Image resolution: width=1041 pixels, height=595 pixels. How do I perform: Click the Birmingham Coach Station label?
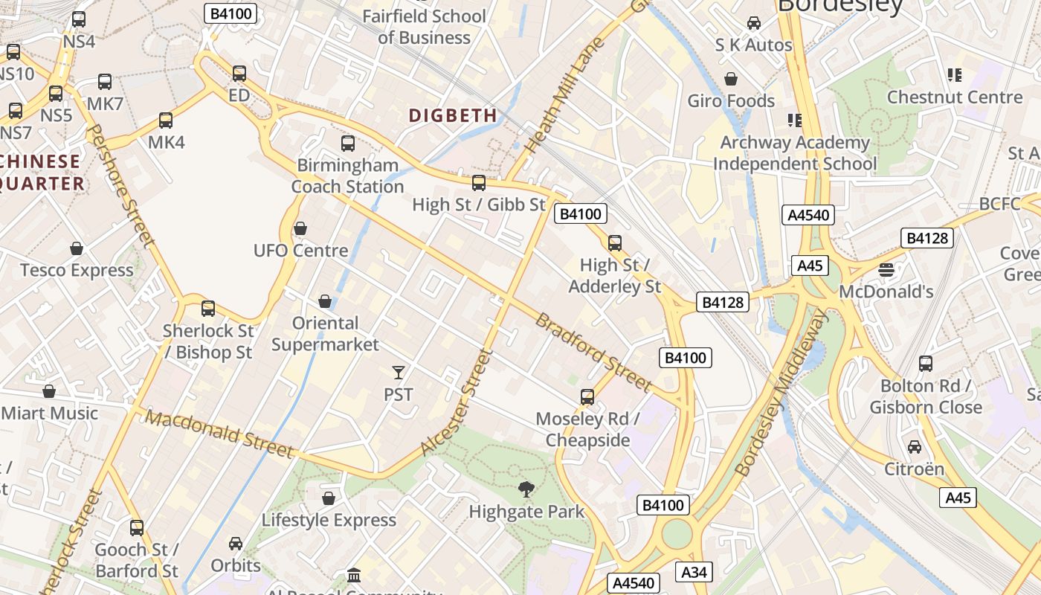[x=347, y=176]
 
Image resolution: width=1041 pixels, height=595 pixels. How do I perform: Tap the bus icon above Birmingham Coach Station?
[x=348, y=144]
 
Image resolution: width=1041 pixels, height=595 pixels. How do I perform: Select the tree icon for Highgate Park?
[x=526, y=489]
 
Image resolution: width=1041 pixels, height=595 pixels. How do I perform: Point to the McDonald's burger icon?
[x=886, y=269]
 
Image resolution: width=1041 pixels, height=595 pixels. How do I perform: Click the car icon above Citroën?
[x=914, y=447]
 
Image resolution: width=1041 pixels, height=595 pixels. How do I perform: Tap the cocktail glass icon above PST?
[x=399, y=372]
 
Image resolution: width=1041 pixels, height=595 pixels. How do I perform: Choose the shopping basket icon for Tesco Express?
[x=77, y=248]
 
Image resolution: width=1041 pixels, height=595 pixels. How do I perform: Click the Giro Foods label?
[x=731, y=100]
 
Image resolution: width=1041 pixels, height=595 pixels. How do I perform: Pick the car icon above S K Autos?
[x=754, y=23]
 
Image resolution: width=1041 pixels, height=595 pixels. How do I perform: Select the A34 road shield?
[x=694, y=571]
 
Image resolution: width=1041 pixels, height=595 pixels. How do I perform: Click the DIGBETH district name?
[x=453, y=115]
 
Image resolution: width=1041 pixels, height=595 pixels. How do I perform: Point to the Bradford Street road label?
[x=593, y=352]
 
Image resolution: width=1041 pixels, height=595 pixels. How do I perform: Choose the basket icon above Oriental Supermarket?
[x=325, y=301]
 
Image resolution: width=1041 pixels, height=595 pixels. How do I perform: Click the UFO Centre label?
[x=300, y=251]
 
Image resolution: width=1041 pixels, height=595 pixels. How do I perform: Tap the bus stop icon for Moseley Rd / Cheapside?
[x=587, y=396]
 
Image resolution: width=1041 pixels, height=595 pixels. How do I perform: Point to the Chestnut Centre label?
[x=955, y=97]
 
